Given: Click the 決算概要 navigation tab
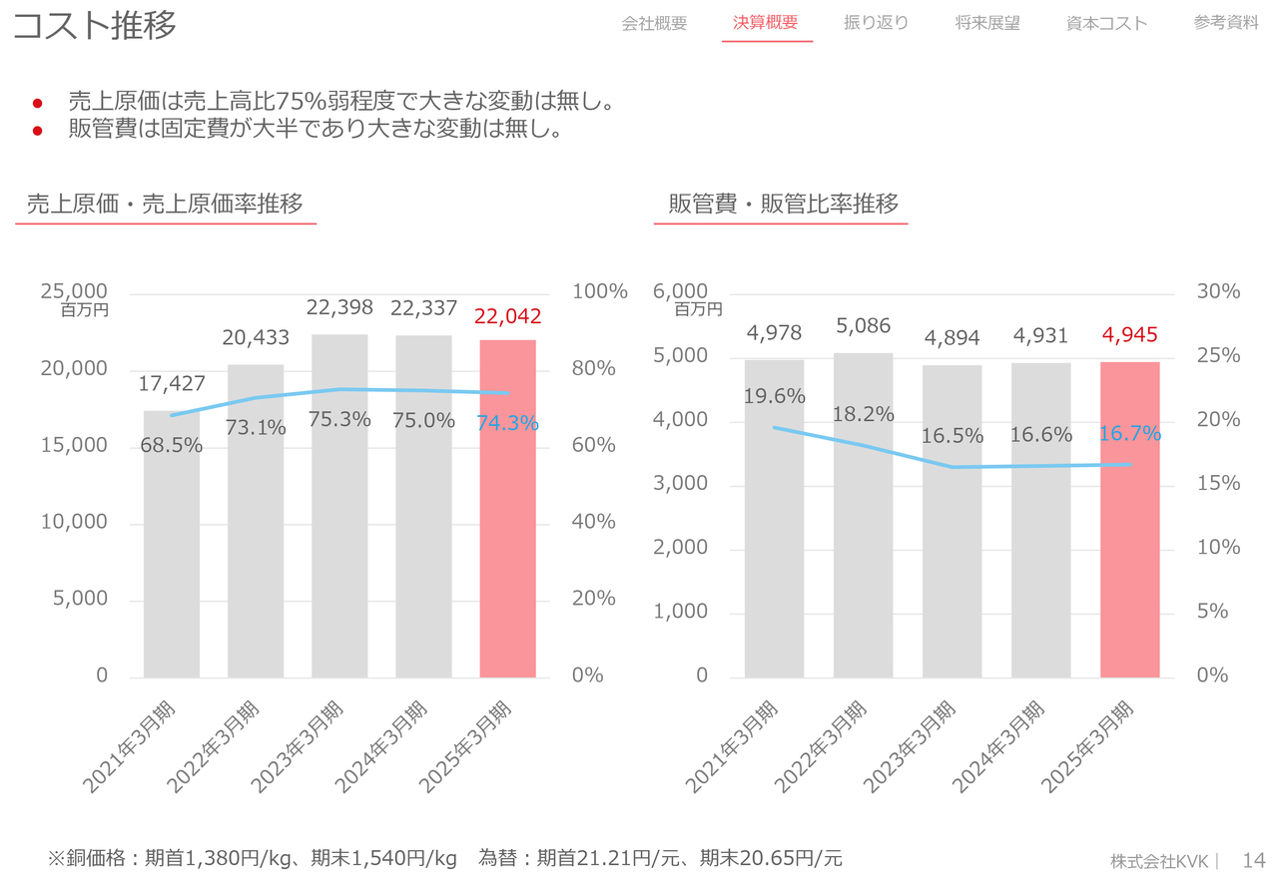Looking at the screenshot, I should click(x=766, y=23).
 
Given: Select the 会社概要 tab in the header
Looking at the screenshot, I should click(x=654, y=23).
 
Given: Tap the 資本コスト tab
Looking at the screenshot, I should click(x=1106, y=23).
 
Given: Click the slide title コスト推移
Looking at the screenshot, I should click(x=95, y=26).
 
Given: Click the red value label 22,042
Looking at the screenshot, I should click(x=507, y=316).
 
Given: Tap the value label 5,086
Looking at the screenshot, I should click(x=864, y=326).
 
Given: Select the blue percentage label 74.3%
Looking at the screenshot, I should click(x=507, y=423).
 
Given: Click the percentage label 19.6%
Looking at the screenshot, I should click(x=774, y=396).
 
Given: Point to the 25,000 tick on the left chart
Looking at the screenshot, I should click(x=74, y=291).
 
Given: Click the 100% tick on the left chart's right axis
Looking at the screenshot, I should click(x=599, y=291).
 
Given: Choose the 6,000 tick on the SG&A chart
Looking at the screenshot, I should click(x=680, y=291).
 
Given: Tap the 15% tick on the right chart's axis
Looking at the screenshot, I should click(x=1218, y=483).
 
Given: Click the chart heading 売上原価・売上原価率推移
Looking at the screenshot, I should click(x=165, y=205).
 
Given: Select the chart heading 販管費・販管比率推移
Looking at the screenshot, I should click(x=784, y=205).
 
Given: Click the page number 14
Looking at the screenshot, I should click(x=1253, y=860).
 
